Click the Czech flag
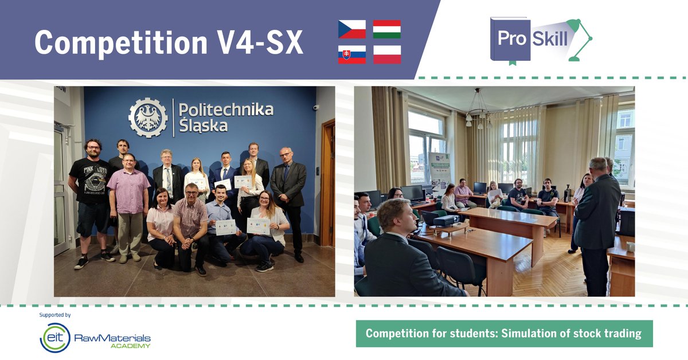pos(352,29)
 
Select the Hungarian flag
pos(387,29)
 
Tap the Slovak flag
pos(352,54)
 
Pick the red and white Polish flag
pos(387,54)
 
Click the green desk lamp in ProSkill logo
pos(576,38)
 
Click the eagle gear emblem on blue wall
pos(148,118)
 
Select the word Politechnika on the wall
pos(226,109)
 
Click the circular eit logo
pos(55,337)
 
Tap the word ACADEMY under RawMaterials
pos(131,346)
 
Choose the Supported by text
pos(55,315)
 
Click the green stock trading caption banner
pos(503,334)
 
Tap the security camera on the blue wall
pos(316,107)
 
